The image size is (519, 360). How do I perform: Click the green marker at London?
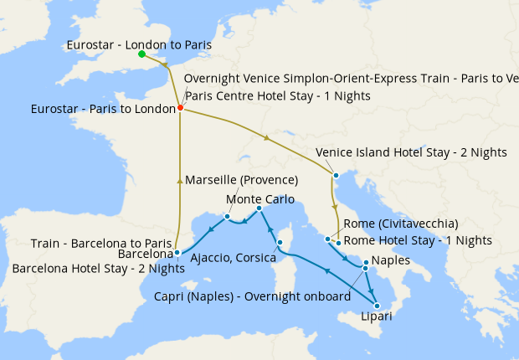click(x=141, y=54)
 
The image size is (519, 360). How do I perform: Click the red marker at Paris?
click(x=180, y=107)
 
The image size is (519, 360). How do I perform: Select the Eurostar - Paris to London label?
click(x=102, y=109)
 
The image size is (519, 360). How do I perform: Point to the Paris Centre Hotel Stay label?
click(x=277, y=95)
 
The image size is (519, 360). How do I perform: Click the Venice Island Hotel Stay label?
click(x=412, y=152)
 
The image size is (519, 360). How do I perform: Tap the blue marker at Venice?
click(x=335, y=175)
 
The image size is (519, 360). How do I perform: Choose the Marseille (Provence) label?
click(x=241, y=180)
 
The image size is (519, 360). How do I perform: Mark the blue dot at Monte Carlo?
click(x=259, y=208)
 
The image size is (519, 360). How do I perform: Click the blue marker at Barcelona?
click(x=177, y=251)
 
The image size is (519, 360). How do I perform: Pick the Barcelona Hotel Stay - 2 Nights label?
click(x=99, y=269)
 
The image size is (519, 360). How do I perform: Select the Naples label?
click(x=390, y=260)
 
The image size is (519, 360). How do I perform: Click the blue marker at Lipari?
click(x=375, y=306)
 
